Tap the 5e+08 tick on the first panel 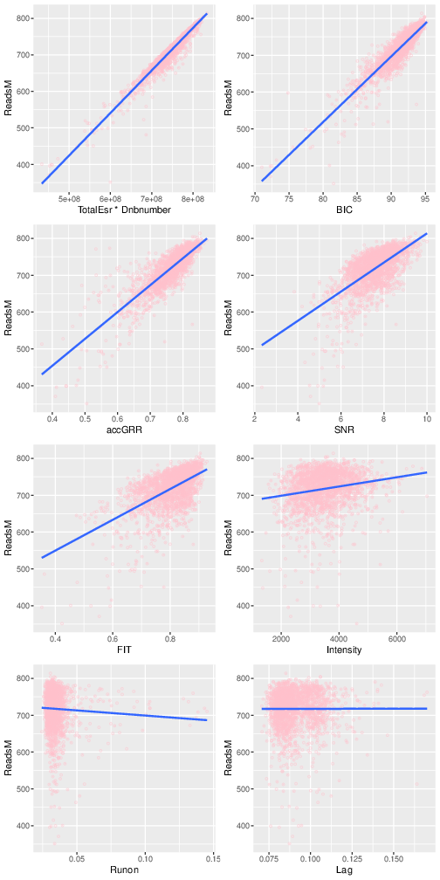point(69,198)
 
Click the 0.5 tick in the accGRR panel point(85,418)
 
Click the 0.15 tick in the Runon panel point(212,858)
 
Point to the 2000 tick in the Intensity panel point(281,638)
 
